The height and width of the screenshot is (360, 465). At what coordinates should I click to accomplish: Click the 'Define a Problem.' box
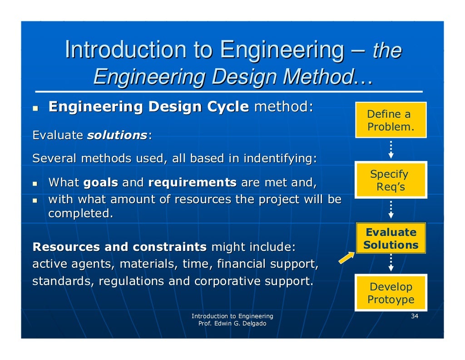(x=391, y=120)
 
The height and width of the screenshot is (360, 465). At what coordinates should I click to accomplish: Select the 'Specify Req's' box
(x=391, y=180)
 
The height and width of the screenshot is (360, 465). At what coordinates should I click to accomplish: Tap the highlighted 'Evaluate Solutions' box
(x=391, y=239)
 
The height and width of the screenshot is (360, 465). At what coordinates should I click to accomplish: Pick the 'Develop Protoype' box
(x=391, y=293)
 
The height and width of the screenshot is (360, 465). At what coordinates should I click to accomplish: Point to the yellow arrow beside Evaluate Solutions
(x=347, y=258)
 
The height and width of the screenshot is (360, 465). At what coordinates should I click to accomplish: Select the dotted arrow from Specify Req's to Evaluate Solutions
(x=391, y=209)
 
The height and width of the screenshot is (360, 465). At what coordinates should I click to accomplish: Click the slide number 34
(x=414, y=316)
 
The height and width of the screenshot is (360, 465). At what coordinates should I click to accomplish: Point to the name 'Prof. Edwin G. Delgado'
(x=232, y=324)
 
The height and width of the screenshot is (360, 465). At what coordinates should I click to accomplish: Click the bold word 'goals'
(x=101, y=183)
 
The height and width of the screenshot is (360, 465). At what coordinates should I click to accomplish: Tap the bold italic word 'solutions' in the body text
(x=117, y=135)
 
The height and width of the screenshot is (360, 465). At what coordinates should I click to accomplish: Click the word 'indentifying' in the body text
(x=279, y=159)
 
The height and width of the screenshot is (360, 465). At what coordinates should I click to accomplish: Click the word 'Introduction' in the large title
(x=125, y=50)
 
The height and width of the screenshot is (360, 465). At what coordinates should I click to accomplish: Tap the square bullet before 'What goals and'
(x=35, y=184)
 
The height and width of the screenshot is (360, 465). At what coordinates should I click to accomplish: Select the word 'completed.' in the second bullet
(x=80, y=214)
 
